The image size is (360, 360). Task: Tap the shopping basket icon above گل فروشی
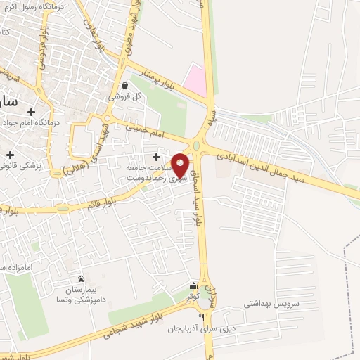point(124,85)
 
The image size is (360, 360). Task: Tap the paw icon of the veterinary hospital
point(81,278)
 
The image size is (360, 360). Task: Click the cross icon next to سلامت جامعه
point(155,156)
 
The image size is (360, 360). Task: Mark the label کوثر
point(193,297)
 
